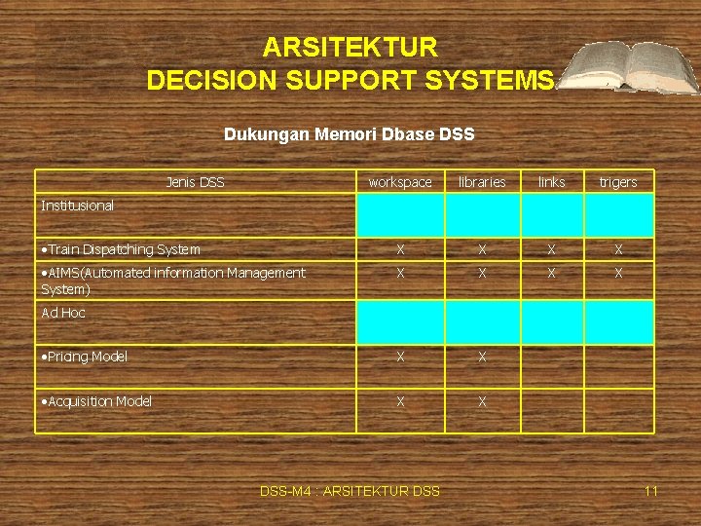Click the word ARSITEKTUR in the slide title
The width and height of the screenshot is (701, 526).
[350, 47]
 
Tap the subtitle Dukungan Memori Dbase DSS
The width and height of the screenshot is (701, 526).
[350, 134]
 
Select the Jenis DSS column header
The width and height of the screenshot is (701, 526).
[195, 182]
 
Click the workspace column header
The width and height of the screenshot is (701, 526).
[400, 182]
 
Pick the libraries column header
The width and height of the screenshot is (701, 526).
[482, 182]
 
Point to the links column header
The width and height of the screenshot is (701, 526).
[551, 182]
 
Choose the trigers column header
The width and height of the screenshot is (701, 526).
[618, 182]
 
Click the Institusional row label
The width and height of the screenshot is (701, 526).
[78, 206]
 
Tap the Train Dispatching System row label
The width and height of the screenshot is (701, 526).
[121, 250]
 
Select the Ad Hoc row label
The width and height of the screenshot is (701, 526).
[63, 313]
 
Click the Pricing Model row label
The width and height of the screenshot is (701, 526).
[85, 357]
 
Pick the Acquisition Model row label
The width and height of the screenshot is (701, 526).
[96, 401]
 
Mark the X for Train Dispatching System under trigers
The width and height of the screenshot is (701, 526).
[618, 250]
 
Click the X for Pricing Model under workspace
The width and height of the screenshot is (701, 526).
[400, 357]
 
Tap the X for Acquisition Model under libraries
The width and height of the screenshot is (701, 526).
[482, 401]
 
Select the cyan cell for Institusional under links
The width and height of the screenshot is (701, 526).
[551, 215]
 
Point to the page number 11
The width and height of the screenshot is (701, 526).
[650, 491]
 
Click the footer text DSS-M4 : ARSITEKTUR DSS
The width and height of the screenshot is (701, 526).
[350, 491]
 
